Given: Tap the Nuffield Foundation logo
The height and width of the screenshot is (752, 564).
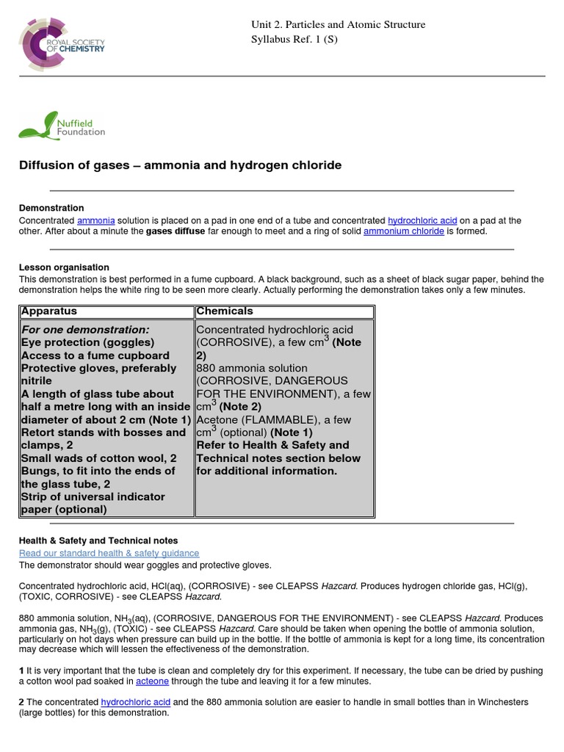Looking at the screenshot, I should tap(62, 126).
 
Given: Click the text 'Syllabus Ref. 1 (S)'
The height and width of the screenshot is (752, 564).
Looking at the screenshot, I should tap(296, 39).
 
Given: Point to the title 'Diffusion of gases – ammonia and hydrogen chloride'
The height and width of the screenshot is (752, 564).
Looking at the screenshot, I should tap(180, 165).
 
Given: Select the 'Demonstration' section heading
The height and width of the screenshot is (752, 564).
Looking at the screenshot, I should tap(51, 208).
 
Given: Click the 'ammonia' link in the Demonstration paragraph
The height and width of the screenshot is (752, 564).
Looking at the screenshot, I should tap(95, 220).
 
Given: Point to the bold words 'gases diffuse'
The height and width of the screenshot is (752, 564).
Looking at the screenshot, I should tap(175, 231).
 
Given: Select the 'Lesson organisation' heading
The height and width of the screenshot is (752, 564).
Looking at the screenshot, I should tap(64, 267).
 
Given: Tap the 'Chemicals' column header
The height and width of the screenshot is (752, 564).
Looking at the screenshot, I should tap(225, 311).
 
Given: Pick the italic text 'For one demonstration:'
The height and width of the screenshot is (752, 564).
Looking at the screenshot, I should tap(85, 330).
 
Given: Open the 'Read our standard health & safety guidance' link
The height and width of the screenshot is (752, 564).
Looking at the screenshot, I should tap(109, 553).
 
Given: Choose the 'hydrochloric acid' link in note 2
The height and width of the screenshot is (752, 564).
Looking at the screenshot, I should tap(134, 702).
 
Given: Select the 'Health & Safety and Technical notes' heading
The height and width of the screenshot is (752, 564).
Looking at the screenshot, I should tap(98, 540).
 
